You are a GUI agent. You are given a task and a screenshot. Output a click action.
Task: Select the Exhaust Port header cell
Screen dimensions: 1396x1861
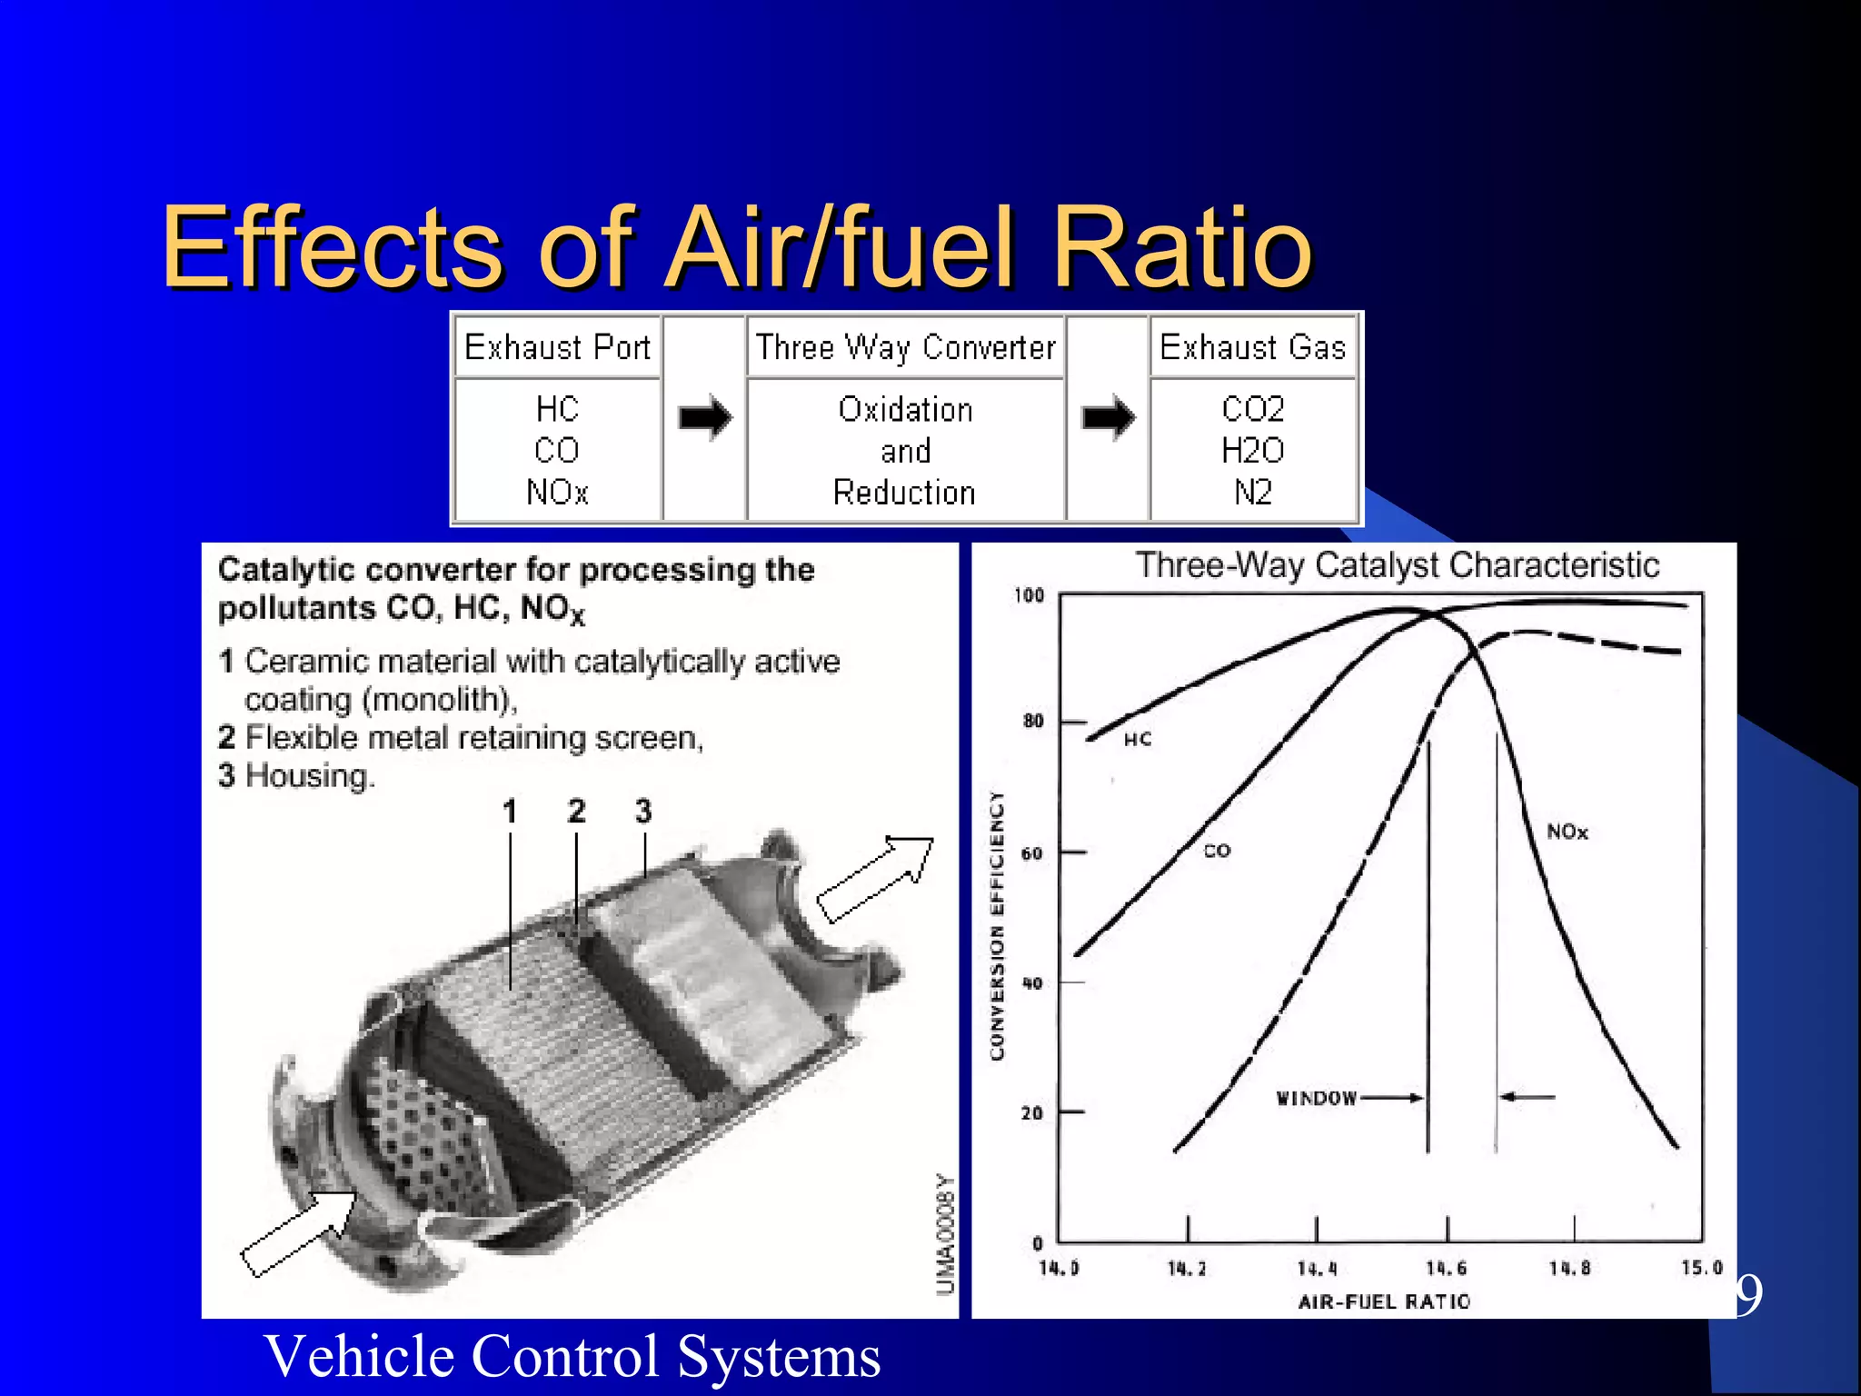click(x=557, y=347)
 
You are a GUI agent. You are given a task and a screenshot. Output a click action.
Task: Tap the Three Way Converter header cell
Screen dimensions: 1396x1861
click(x=905, y=347)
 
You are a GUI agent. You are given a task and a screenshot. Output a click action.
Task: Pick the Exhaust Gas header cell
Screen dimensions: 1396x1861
click(x=1252, y=347)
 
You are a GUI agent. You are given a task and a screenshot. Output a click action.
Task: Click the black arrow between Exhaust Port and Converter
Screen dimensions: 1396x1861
click(x=704, y=417)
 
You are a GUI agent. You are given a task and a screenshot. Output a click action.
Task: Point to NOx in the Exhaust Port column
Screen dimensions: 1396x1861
click(x=557, y=492)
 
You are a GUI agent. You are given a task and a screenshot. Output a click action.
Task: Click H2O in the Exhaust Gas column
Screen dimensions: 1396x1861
click(x=1252, y=450)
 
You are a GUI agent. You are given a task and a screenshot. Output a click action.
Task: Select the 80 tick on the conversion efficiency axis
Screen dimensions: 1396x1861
click(x=1033, y=721)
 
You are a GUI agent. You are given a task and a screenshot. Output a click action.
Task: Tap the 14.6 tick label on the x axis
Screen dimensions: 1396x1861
click(x=1446, y=1268)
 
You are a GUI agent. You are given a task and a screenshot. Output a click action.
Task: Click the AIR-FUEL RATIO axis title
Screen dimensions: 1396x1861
click(x=1384, y=1301)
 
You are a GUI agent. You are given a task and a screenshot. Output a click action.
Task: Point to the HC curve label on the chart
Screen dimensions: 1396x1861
click(x=1138, y=740)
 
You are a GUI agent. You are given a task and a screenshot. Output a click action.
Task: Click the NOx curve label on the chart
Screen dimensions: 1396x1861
click(x=1567, y=832)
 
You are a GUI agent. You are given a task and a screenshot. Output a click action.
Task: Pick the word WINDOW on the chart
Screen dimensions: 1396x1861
click(x=1316, y=1098)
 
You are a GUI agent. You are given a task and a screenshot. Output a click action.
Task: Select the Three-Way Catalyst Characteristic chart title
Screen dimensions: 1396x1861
click(x=1398, y=564)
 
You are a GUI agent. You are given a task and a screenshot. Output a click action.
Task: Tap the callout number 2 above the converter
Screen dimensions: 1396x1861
click(x=576, y=811)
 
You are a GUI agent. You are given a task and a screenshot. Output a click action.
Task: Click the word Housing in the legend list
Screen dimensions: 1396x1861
click(x=309, y=776)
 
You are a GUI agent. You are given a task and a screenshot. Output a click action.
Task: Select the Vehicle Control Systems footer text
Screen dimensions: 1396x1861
click(x=572, y=1355)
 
